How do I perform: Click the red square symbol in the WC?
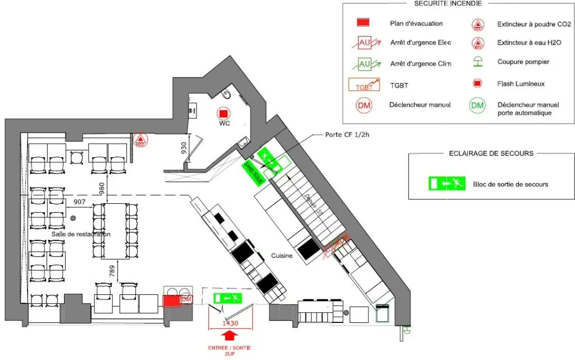point(223,113)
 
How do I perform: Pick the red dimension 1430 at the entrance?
point(229,323)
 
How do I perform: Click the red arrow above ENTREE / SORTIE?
point(229,336)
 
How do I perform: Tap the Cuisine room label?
point(281,256)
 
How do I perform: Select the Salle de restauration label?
point(80,234)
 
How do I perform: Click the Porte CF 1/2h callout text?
point(351,135)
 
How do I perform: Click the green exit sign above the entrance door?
point(227,298)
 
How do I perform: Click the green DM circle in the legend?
point(477,105)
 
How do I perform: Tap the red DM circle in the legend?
point(364,105)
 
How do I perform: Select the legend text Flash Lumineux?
point(521,84)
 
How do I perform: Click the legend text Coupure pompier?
point(523,62)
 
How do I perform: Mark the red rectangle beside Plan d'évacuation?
point(363,22)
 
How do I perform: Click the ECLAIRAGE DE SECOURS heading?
point(491,153)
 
